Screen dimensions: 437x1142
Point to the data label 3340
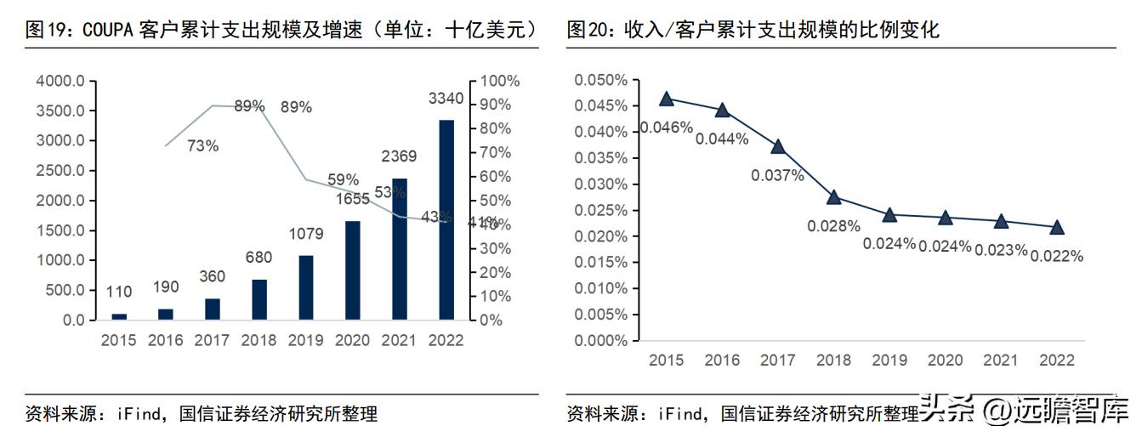tap(446, 99)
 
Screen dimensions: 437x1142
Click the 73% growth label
tap(202, 145)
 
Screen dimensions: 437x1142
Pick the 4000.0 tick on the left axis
tap(60, 81)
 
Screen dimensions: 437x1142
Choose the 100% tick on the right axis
tap(500, 81)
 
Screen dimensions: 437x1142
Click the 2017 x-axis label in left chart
tap(212, 340)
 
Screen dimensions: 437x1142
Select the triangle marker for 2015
tap(667, 99)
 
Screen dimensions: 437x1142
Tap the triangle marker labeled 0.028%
tap(834, 197)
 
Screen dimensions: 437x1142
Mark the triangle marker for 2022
tap(1057, 227)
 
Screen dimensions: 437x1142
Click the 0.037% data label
tap(777, 175)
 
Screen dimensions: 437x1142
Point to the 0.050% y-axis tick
tap(600, 80)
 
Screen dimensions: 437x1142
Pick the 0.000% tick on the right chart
tap(600, 341)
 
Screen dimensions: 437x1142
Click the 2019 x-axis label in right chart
tap(889, 360)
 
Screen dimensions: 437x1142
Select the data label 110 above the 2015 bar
tap(119, 292)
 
